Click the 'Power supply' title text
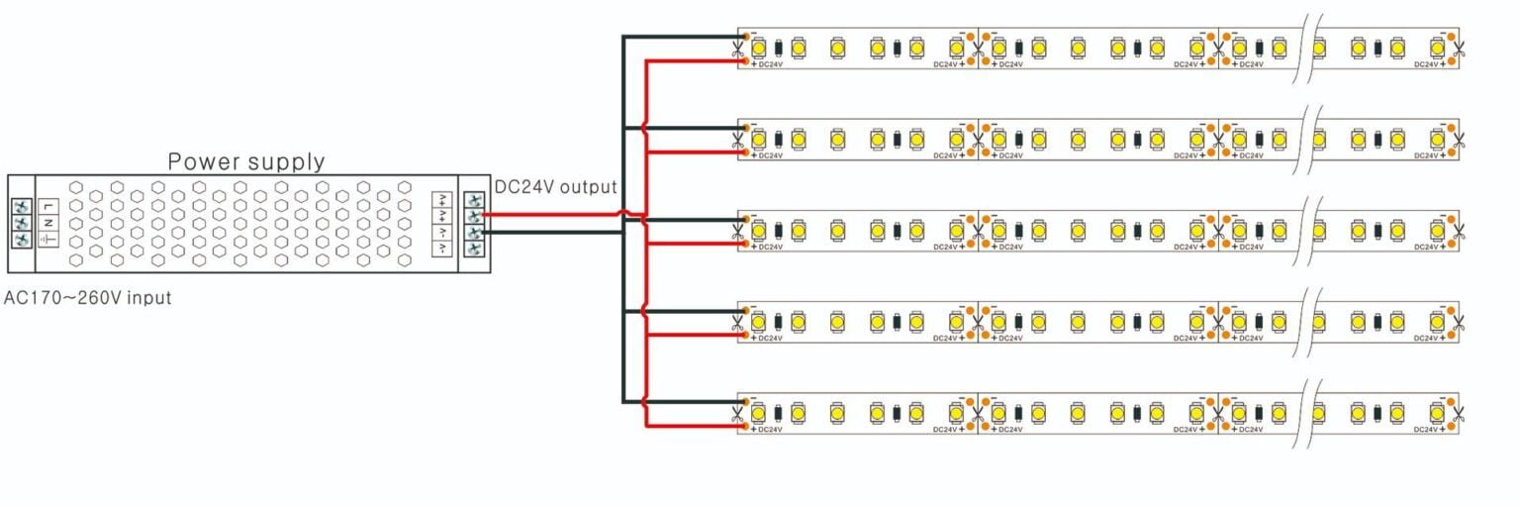pos(245,161)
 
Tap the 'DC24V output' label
pos(555,186)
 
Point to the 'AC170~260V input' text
pos(88,297)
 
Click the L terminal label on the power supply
pos(47,206)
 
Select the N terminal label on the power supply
pos(47,223)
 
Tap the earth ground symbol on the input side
pos(47,241)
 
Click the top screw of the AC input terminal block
pos(21,206)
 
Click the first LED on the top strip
pos(759,47)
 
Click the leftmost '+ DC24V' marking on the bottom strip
pos(767,430)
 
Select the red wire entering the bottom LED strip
pos(693,426)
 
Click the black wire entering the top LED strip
pos(683,38)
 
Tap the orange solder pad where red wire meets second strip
pos(744,152)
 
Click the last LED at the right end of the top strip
pos(1437,47)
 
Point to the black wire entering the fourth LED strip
pos(683,311)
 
